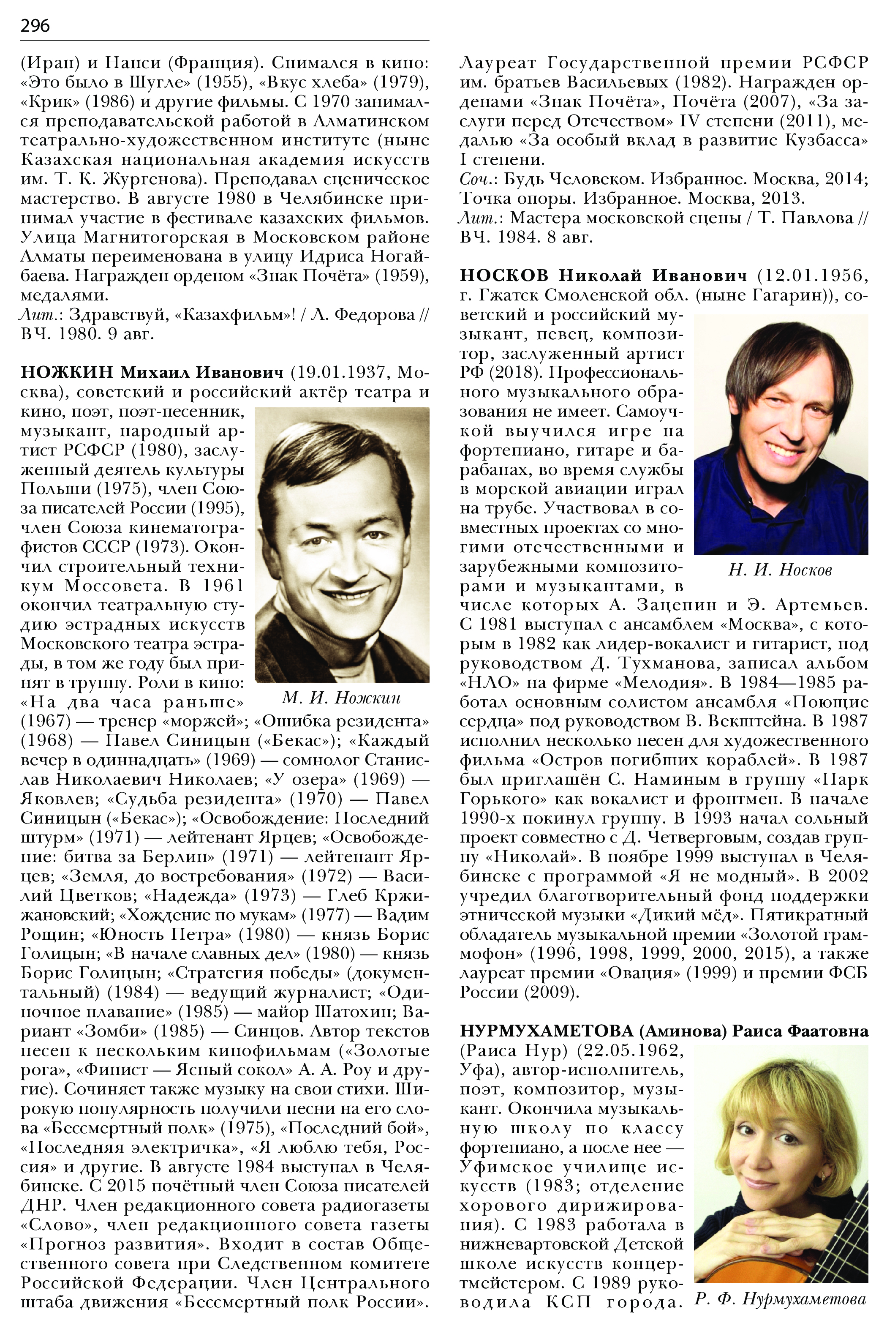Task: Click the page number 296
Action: click(35, 25)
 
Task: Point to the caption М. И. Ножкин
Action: click(341, 698)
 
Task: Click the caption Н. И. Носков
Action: click(780, 570)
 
